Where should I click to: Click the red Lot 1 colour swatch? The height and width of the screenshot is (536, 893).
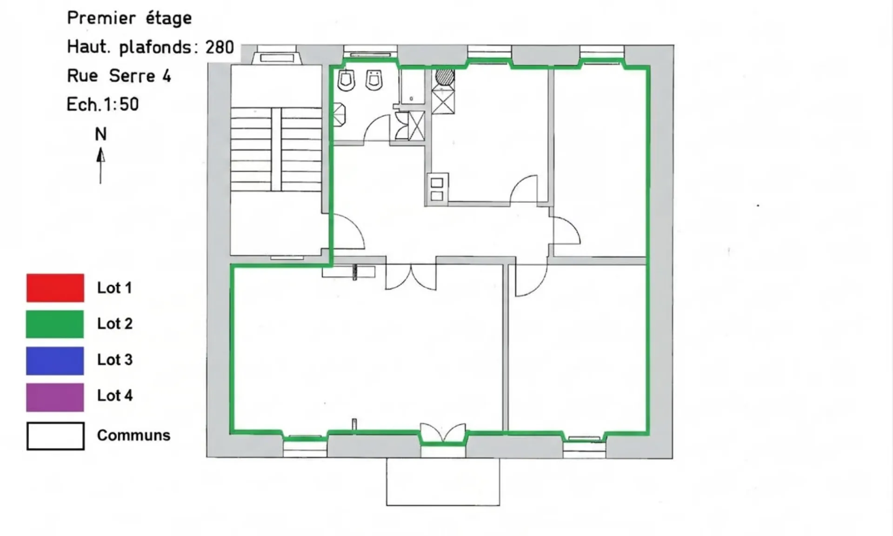tap(55, 288)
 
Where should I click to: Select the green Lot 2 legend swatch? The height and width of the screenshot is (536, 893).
tap(55, 324)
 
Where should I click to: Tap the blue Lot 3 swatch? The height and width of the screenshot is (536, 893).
tap(55, 360)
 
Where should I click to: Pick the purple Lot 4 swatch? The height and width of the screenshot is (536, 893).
tap(55, 397)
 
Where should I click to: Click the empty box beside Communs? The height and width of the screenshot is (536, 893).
tap(55, 436)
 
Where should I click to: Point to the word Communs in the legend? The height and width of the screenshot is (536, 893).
tap(133, 435)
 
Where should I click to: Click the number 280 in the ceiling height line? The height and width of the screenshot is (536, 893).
tap(220, 47)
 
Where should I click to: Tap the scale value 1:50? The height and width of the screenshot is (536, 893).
tap(120, 104)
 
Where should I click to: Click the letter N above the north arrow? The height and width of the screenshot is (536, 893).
tap(100, 134)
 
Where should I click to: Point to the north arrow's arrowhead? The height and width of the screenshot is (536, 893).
tap(100, 155)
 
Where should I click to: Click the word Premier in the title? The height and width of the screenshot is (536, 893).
tap(101, 18)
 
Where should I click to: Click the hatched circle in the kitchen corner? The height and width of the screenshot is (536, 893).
tap(445, 77)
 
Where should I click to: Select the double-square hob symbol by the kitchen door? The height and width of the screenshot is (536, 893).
tap(437, 189)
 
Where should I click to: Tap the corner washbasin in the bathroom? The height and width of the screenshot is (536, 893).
tap(340, 114)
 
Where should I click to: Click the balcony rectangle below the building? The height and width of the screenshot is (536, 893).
tap(443, 482)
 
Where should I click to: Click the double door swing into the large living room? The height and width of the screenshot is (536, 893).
tap(411, 278)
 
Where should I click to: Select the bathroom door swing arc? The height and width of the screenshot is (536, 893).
tap(376, 129)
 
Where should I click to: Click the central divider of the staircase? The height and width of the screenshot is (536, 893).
tap(276, 149)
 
